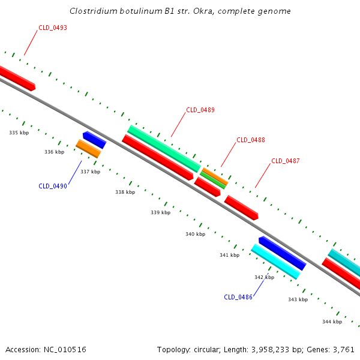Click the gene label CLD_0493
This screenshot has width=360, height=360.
(x=53, y=28)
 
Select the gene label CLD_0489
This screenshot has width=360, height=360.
(x=200, y=110)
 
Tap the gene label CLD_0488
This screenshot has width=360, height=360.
(x=251, y=140)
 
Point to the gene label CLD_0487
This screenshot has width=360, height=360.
(x=286, y=161)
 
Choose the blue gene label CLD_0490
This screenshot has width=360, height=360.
(x=53, y=186)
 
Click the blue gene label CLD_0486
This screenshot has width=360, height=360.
(x=238, y=297)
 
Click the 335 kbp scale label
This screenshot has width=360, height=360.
(x=19, y=133)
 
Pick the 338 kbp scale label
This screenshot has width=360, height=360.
(x=125, y=192)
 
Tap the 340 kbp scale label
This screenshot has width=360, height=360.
(x=196, y=234)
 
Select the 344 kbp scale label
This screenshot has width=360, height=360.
(x=332, y=322)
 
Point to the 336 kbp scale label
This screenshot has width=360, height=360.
(x=55, y=152)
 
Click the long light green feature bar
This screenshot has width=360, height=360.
(x=164, y=149)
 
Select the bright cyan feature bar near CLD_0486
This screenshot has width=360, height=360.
(x=275, y=262)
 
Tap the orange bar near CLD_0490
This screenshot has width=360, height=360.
(x=88, y=149)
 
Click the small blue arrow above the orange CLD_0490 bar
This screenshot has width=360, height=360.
(x=95, y=140)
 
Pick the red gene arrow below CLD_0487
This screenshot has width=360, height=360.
(x=241, y=208)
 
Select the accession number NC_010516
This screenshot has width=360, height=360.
(x=65, y=350)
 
